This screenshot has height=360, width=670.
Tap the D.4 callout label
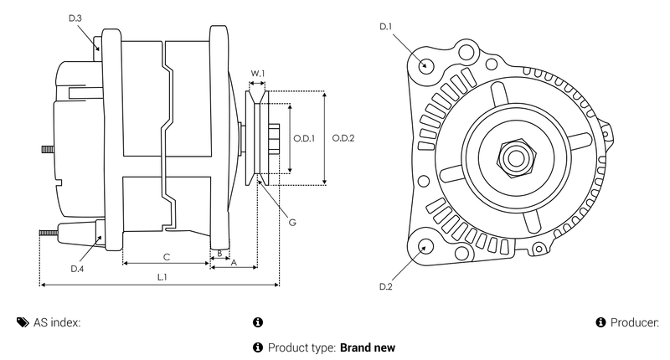click(77, 269)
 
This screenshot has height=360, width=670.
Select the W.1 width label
click(258, 73)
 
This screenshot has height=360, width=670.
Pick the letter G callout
click(291, 223)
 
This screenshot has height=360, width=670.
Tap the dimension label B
click(219, 252)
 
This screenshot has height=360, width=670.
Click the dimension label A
click(234, 262)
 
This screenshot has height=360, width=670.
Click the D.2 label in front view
click(386, 287)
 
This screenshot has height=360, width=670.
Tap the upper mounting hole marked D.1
click(426, 65)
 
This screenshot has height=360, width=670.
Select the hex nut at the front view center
click(513, 156)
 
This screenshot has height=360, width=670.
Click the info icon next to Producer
click(600, 322)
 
